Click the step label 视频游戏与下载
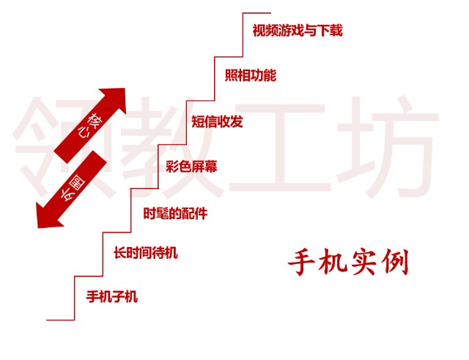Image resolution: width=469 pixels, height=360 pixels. coord(297,31)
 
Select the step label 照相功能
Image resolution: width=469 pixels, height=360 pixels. coord(251,75)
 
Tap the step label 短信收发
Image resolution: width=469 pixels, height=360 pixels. coord(217,121)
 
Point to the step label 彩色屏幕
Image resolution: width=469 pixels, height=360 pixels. coord(191,166)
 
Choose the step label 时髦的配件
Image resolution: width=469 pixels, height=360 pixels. coord(175,213)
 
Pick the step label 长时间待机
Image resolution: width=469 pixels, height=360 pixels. coord(145,254)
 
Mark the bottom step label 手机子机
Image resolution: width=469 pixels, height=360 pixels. coord(112,297)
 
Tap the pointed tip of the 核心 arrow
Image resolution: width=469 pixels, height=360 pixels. coord(125,90)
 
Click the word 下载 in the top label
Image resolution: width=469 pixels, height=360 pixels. coord(330,31)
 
